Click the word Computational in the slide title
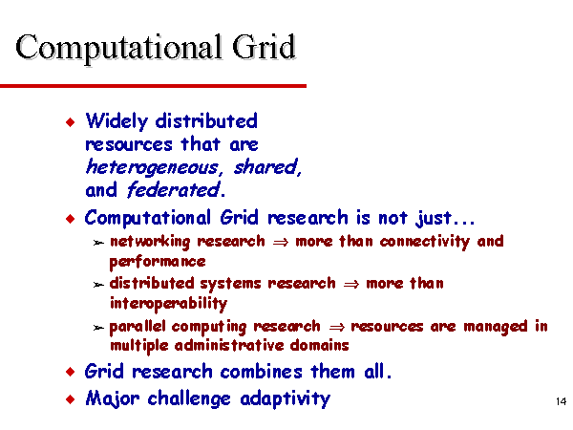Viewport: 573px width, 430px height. [x=118, y=49]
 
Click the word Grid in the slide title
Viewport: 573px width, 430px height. [x=264, y=47]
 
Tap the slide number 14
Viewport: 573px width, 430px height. [x=561, y=401]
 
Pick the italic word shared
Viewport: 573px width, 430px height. [x=267, y=167]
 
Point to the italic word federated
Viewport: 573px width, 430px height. [x=173, y=190]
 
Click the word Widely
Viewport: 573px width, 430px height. [x=117, y=121]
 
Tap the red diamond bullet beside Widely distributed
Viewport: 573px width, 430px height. [x=70, y=121]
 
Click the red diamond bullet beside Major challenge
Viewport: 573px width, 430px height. [x=70, y=398]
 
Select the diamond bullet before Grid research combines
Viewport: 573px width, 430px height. [x=70, y=373]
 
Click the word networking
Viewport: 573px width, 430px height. [x=150, y=242]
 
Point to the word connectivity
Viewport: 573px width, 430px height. [x=425, y=242]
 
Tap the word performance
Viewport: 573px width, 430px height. [x=158, y=262]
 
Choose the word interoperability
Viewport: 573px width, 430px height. [x=168, y=304]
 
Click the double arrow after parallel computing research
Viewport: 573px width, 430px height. [x=336, y=327]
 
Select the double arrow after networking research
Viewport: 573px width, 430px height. [x=280, y=243]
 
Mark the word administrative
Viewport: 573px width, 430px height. [x=229, y=346]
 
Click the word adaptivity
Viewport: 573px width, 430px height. [x=285, y=398]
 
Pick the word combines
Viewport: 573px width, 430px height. [x=262, y=372]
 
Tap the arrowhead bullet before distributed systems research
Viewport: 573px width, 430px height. [x=98, y=285]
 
